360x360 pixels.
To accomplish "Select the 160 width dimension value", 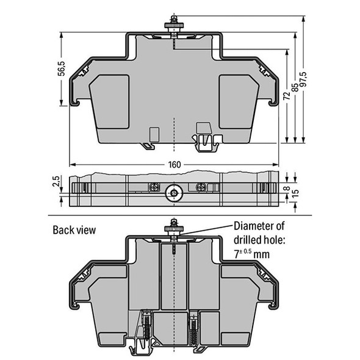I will pos(175,165).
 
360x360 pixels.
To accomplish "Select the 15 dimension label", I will pos(295,195).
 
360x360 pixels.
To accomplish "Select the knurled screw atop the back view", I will pos(174,229).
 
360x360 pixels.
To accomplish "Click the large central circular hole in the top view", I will pos(175,193).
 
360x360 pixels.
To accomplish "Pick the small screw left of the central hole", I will pos(155,186).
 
